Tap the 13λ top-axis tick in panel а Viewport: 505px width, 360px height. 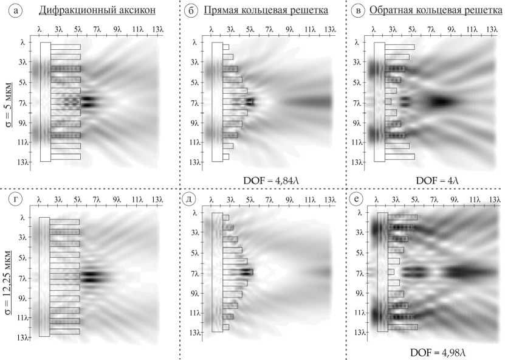click(157, 29)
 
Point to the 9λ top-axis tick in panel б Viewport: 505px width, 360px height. click(290, 29)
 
